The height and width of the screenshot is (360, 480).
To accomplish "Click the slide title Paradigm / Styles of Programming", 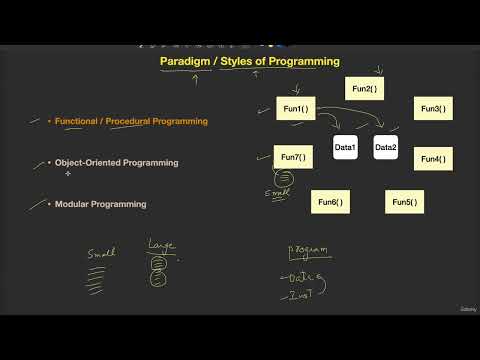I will [250, 61].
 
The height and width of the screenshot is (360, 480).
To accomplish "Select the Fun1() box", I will [295, 109].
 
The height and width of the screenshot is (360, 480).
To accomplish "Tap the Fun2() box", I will [365, 89].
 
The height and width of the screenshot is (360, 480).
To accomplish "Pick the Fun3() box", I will [433, 109].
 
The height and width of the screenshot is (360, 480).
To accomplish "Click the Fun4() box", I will [433, 158].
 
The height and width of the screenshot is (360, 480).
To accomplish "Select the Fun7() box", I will [292, 157].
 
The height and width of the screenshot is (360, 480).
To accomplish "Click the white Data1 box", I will [345, 148].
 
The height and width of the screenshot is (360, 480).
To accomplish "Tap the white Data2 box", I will [386, 148].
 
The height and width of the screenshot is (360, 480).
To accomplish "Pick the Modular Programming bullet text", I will [100, 204].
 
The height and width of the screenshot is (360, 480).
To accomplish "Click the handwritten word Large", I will [161, 244].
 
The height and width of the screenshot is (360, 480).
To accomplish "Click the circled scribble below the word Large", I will [158, 276].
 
